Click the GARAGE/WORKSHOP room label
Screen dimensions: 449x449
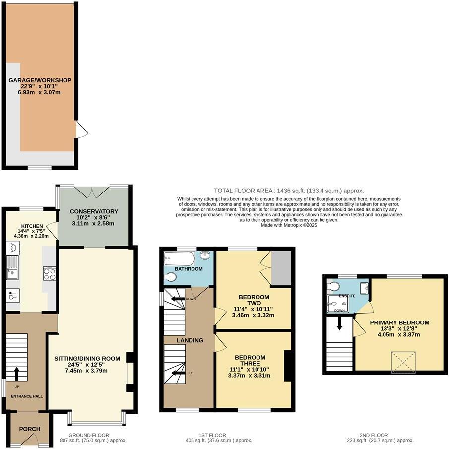[x=40, y=80]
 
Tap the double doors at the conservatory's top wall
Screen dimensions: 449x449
[x=94, y=191]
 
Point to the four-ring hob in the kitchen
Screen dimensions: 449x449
[x=49, y=273]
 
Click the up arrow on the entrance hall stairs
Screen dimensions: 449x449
[x=18, y=372]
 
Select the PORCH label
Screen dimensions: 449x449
[x=30, y=429]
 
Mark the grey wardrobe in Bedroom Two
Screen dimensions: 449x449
[x=281, y=268]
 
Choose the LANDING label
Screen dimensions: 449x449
[x=190, y=340]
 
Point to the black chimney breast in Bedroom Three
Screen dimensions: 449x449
[x=287, y=366]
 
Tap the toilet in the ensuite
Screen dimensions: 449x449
[x=333, y=286]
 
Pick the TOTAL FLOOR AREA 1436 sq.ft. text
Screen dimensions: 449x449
[x=289, y=191]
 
